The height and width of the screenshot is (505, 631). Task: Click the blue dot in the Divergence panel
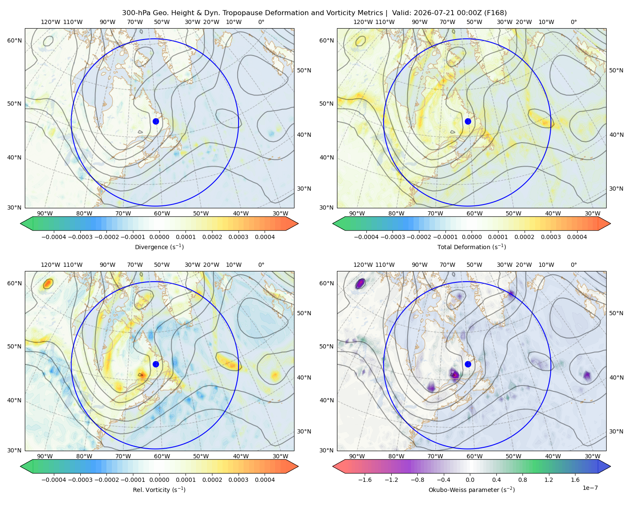point(156,122)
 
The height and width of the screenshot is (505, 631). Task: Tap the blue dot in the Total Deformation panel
point(468,122)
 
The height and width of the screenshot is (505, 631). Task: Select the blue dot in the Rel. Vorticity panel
point(156,364)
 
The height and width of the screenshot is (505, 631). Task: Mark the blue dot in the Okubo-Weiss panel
point(468,364)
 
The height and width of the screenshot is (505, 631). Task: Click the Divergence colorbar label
point(159,247)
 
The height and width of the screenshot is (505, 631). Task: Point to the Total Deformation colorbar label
point(472,247)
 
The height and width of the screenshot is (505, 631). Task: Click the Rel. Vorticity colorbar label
point(159,490)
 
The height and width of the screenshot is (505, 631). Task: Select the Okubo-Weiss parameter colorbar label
point(472,490)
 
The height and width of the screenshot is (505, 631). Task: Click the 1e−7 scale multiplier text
point(590,488)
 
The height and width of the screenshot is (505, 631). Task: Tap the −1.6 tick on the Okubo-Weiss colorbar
point(365,480)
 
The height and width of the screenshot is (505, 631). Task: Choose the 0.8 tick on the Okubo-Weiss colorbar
point(522,480)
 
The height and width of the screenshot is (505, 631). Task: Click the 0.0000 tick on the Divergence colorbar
point(159,237)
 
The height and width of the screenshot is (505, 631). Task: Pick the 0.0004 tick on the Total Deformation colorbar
point(577,237)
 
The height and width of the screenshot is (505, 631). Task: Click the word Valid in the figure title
point(402,13)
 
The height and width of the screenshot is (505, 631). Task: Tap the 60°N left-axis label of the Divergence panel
point(14,40)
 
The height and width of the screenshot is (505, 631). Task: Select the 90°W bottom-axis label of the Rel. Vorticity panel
point(45,456)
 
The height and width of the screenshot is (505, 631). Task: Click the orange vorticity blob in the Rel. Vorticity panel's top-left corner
point(48,284)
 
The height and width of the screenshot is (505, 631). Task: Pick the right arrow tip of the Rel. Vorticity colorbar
point(298,466)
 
